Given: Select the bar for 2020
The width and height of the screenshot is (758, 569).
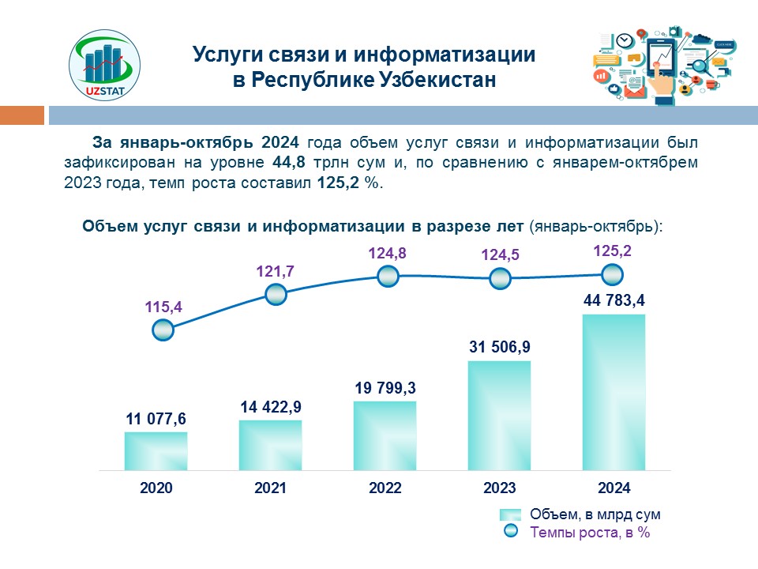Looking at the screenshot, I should [x=156, y=450].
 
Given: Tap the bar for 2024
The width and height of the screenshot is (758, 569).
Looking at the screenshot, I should [x=614, y=392].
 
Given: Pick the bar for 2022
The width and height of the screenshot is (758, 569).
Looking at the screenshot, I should [x=385, y=435].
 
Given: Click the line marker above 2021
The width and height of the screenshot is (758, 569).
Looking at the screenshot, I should [x=275, y=295].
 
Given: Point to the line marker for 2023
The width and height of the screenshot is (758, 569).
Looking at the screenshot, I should [x=500, y=279].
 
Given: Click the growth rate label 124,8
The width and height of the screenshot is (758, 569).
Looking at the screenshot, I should [x=387, y=254].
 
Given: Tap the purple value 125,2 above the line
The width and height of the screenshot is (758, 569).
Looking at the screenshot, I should [x=611, y=252].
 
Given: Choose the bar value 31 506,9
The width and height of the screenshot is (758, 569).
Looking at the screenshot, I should [x=499, y=345].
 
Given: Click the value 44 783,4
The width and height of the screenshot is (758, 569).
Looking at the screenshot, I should [x=614, y=300].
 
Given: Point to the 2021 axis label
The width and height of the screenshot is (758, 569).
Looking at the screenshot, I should [x=270, y=488].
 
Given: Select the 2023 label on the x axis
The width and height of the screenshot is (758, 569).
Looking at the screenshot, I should [x=499, y=488].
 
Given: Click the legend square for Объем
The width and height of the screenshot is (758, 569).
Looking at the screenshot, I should [x=511, y=514].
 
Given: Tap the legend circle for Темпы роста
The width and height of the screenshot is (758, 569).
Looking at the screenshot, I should [x=511, y=532].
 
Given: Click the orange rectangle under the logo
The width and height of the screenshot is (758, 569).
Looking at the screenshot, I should [x=22, y=115].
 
